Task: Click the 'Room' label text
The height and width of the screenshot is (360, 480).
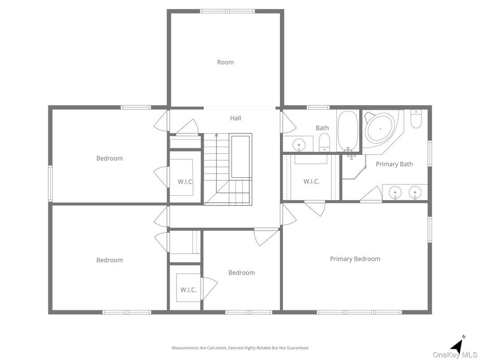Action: click(x=225, y=62)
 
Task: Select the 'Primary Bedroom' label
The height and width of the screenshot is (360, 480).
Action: click(x=355, y=259)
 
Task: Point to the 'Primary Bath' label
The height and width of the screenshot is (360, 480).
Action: click(x=394, y=164)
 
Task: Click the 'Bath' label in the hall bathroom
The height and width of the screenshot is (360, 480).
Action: click(x=322, y=128)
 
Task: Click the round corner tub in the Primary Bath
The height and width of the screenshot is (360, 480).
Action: click(x=380, y=129)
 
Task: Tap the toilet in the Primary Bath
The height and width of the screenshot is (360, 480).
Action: click(x=416, y=120)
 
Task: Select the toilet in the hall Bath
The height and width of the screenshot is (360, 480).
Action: click(x=324, y=143)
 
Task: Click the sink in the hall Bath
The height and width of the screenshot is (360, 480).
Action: click(x=299, y=145)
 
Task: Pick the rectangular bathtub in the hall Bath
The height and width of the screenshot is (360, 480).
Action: click(x=347, y=130)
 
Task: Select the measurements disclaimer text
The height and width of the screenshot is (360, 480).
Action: click(x=240, y=347)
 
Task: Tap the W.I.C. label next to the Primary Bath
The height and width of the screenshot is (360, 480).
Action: click(x=311, y=181)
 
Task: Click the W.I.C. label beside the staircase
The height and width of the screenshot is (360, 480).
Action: click(x=185, y=181)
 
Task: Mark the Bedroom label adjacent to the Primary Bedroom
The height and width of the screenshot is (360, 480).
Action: click(x=241, y=273)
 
